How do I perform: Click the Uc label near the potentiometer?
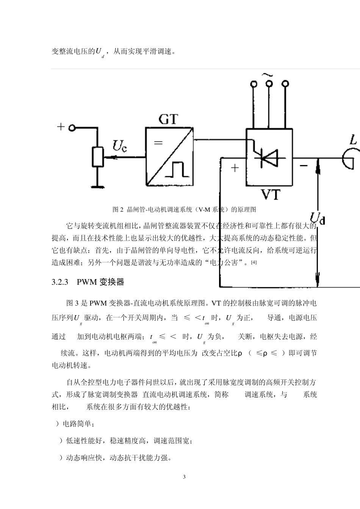point(120,146)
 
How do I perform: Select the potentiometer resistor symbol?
point(98,157)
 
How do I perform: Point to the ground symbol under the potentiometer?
point(98,186)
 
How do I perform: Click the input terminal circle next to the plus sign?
point(72,128)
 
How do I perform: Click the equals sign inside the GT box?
point(158,143)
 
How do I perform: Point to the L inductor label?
point(353,141)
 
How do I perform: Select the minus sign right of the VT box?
point(304,165)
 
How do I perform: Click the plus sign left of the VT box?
point(235,168)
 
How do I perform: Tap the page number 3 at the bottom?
point(184,477)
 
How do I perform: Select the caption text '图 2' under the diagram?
point(119,209)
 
